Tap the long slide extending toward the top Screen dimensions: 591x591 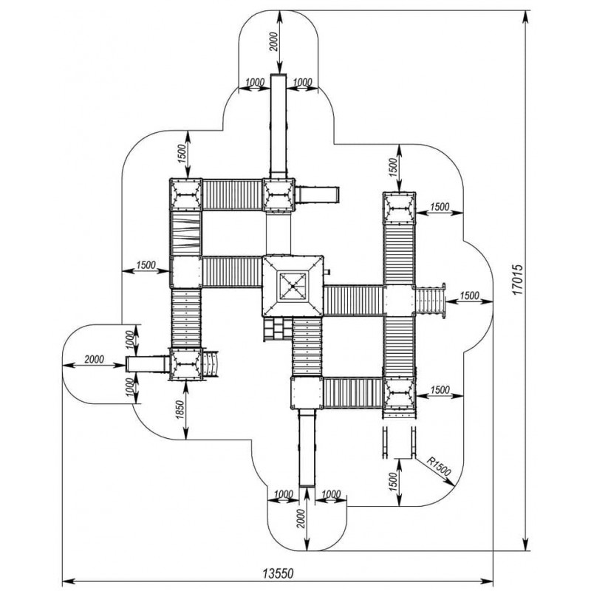(x=279, y=126)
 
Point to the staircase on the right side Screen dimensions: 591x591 (x=431, y=301)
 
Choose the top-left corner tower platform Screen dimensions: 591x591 (x=185, y=195)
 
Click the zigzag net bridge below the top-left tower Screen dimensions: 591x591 (x=185, y=233)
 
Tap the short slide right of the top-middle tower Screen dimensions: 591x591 (x=317, y=195)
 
